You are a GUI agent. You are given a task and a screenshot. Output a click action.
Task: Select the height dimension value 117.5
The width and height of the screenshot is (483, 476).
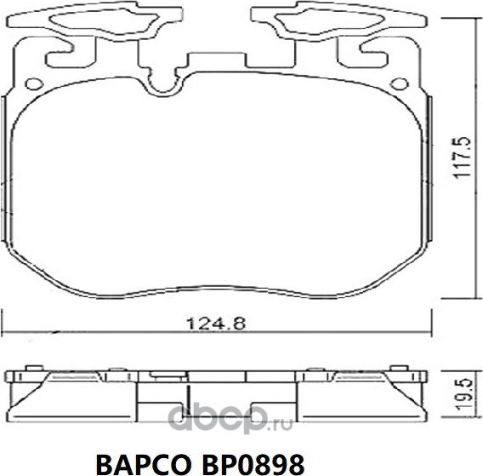[460, 158]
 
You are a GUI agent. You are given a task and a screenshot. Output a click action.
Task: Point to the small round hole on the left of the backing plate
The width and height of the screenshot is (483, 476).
[35, 83]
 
